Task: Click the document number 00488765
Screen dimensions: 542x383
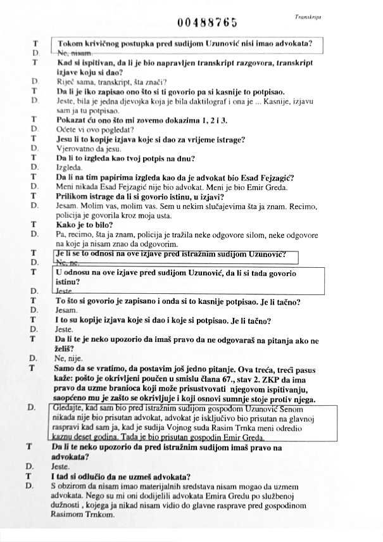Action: coord(208,23)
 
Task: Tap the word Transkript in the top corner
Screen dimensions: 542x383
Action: coord(307,18)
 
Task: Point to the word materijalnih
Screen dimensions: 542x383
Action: coord(139,486)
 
